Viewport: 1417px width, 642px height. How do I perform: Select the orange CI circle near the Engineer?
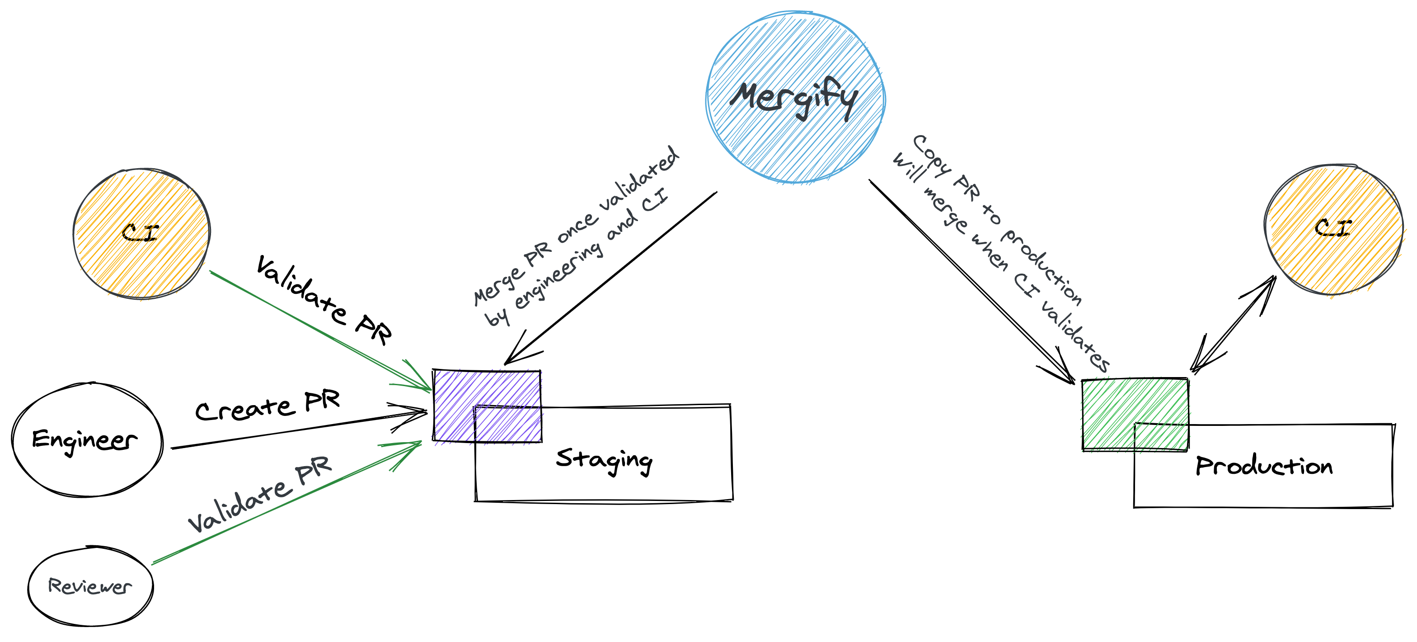click(141, 234)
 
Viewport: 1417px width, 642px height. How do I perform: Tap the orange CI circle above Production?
click(1333, 229)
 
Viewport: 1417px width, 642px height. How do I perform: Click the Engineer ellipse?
click(87, 440)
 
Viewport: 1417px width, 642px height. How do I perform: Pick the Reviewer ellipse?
click(90, 586)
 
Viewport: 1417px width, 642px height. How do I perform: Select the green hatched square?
click(1134, 415)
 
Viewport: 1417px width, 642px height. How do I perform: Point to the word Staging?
click(604, 460)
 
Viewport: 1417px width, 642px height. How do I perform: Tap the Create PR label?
click(268, 406)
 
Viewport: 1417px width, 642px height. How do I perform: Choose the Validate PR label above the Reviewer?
click(260, 494)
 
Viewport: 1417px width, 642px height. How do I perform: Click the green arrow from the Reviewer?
click(286, 503)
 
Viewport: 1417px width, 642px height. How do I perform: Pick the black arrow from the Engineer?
click(297, 430)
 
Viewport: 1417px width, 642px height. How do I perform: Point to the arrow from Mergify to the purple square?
click(610, 278)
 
